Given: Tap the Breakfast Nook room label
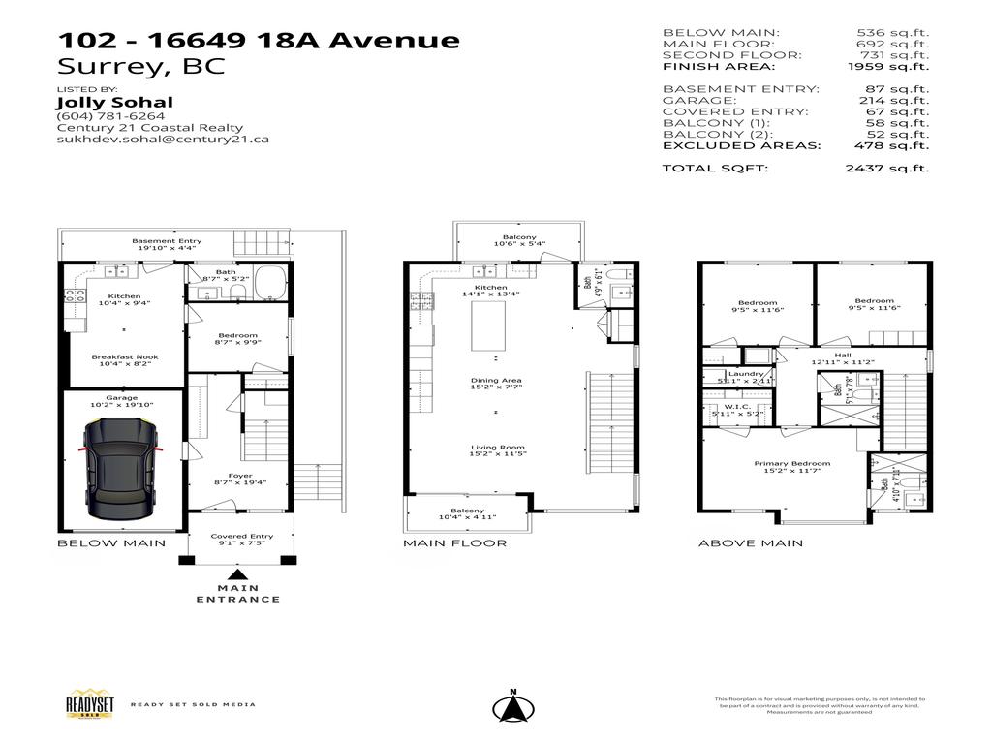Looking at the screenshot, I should pyautogui.click(x=125, y=357).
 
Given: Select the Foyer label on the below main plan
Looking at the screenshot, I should pyautogui.click(x=240, y=476).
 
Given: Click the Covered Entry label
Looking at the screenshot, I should pyautogui.click(x=242, y=536).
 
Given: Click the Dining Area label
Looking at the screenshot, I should pyautogui.click(x=496, y=381).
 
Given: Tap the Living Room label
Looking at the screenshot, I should pyautogui.click(x=498, y=448).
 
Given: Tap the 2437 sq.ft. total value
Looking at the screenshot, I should pyautogui.click(x=886, y=168).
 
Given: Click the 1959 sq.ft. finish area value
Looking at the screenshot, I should pyautogui.click(x=886, y=66).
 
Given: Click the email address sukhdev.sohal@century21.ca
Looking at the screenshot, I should pyautogui.click(x=163, y=139).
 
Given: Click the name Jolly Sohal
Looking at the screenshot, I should pyautogui.click(x=115, y=102).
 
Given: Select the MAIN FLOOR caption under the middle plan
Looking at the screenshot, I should pyautogui.click(x=454, y=543).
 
